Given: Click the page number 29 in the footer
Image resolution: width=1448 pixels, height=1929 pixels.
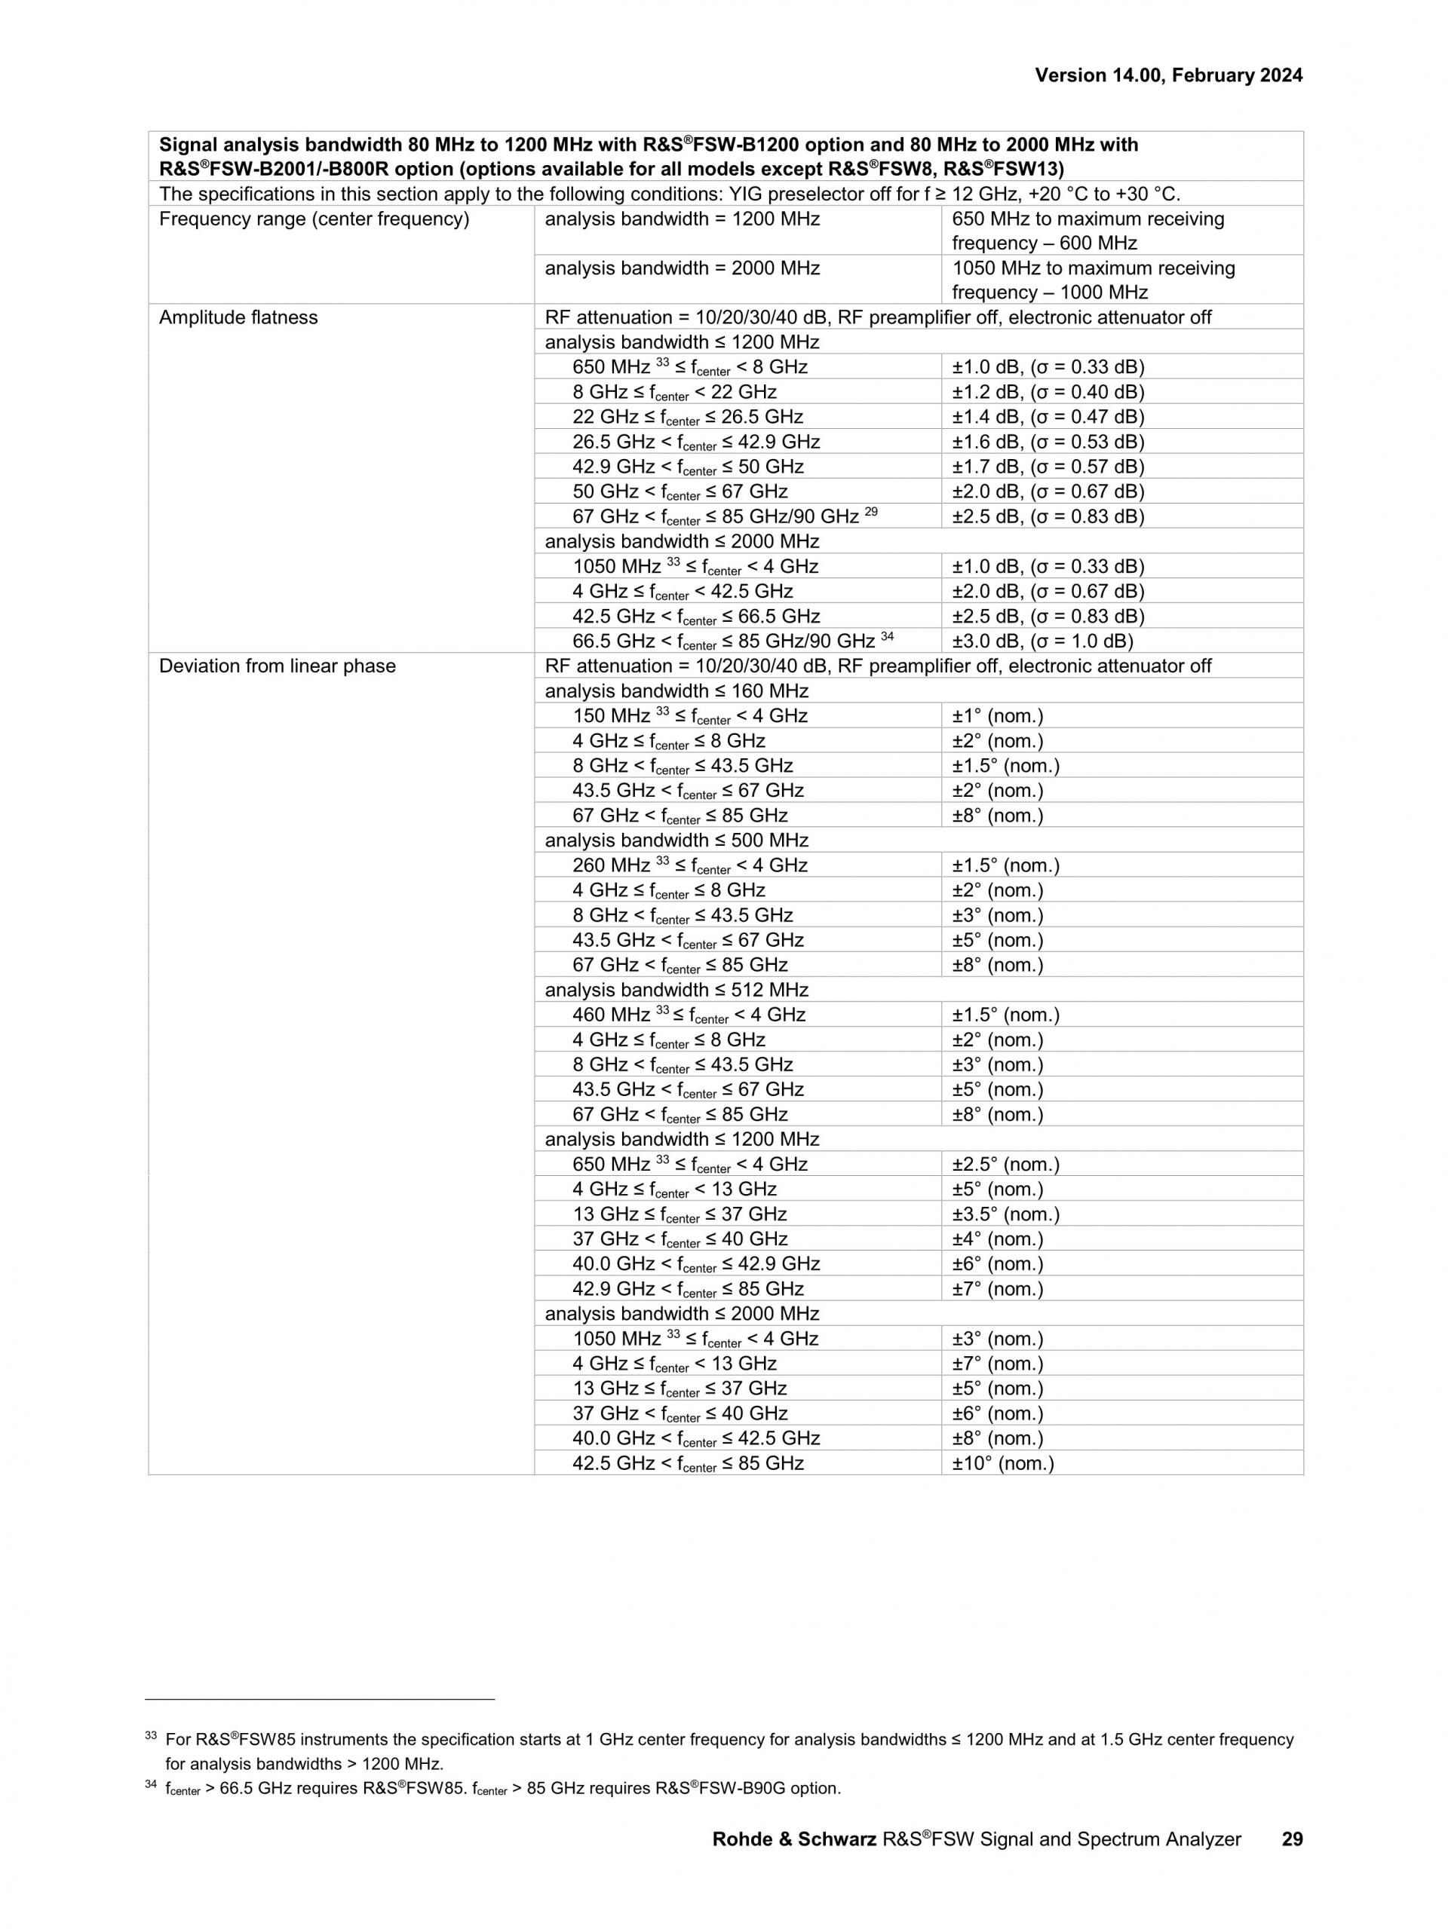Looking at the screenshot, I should coord(1292,1839).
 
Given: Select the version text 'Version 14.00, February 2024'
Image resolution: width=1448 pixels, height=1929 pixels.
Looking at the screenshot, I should coord(1168,76).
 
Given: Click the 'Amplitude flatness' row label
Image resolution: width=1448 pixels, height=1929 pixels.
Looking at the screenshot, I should coord(238,317).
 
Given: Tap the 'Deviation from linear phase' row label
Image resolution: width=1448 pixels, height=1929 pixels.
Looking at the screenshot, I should coord(278,666).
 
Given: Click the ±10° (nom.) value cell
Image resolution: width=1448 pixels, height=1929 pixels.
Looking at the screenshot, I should coord(1003,1463).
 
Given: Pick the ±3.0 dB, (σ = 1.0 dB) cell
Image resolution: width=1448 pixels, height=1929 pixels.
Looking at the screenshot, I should coord(1042,641).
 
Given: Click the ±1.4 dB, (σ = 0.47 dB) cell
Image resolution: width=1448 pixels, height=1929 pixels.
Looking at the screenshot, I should coord(1048,417).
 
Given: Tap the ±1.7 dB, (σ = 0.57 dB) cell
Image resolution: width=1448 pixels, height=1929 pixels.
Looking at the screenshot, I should coord(1048,467).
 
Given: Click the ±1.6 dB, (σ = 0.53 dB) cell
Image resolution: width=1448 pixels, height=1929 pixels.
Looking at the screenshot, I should coord(1048,442).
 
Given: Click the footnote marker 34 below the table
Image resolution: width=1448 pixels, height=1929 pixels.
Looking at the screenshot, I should coord(150,1785).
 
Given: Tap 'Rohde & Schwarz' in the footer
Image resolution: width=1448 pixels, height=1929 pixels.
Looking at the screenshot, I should coord(794,1839).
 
